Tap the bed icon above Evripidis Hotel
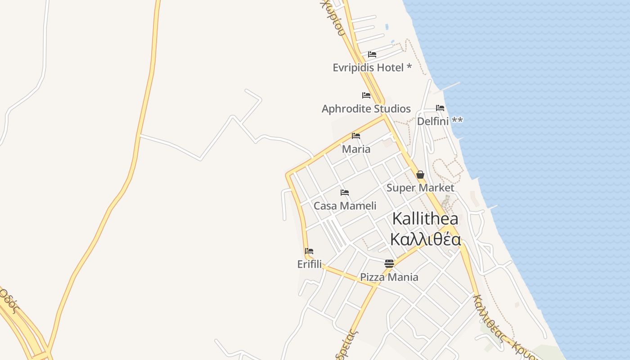point(372,54)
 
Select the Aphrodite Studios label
point(366,109)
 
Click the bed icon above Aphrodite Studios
point(366,95)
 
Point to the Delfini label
point(433,121)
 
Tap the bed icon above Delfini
point(440,108)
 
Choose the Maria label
point(356,149)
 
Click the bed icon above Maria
point(356,135)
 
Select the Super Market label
point(420,188)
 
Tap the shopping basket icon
point(420,175)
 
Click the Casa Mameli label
point(345,206)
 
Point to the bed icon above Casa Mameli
point(345,193)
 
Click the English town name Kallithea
point(425,219)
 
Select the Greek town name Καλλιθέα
point(425,240)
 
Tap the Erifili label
point(310,264)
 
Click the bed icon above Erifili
point(309,251)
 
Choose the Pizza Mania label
point(389,277)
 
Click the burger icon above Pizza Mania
point(389,264)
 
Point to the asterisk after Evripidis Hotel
point(409,67)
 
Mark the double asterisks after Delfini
point(457,120)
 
